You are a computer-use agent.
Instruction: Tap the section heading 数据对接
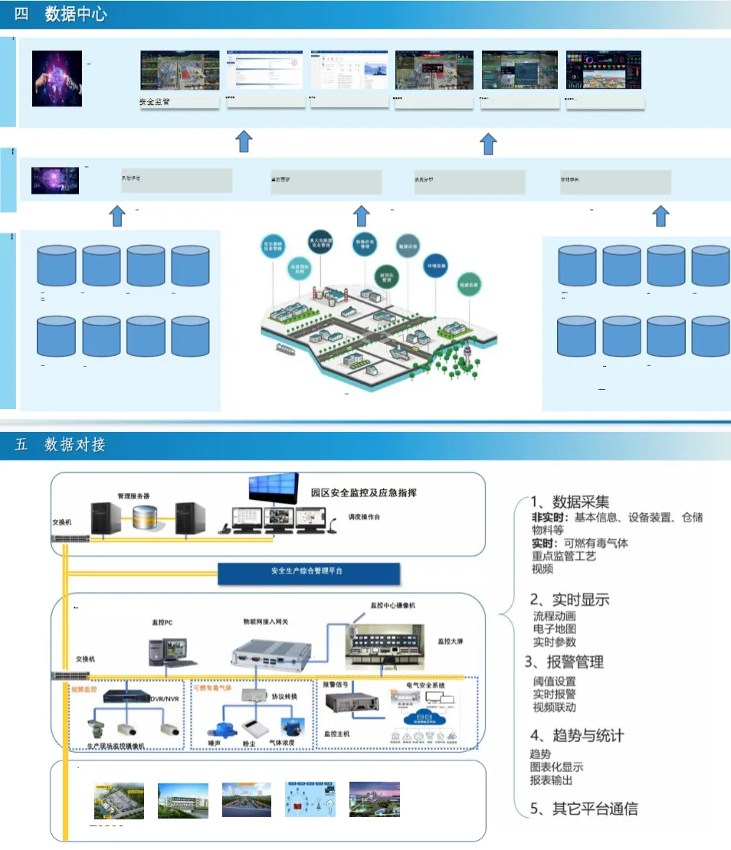(x=75, y=445)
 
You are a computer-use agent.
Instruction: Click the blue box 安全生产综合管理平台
(x=309, y=571)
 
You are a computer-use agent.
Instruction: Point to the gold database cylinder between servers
(x=149, y=519)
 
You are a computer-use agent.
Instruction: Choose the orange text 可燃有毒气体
(x=213, y=688)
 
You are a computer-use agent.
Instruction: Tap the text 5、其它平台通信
(x=584, y=808)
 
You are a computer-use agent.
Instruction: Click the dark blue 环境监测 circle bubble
(x=435, y=265)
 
